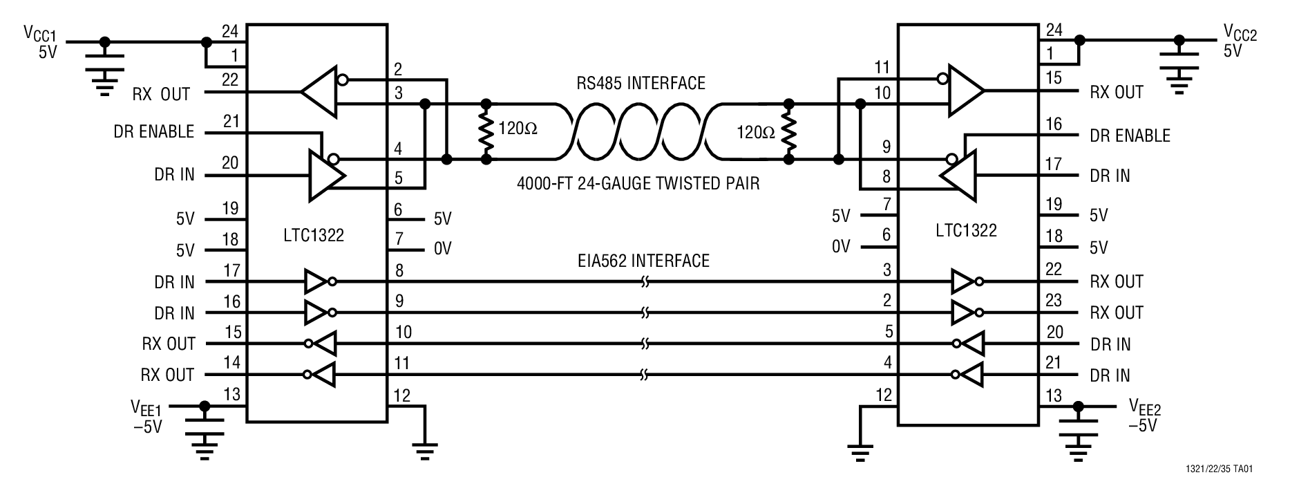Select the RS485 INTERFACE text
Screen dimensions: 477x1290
tap(641, 84)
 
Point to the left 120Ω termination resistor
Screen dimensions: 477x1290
tap(486, 131)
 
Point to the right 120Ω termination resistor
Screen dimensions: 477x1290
tap(788, 131)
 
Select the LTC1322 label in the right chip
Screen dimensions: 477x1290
tap(966, 231)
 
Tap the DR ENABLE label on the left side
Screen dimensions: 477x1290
tap(153, 132)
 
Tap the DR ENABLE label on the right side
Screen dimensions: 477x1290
tap(1130, 136)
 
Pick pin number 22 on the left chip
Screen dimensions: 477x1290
tap(230, 80)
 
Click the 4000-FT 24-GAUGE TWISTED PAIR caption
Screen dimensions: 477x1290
tap(638, 185)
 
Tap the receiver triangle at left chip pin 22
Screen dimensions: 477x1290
tap(319, 91)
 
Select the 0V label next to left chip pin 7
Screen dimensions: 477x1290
tap(442, 249)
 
